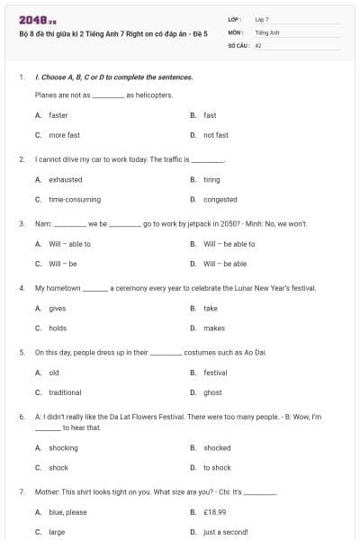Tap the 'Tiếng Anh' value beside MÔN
(267, 31)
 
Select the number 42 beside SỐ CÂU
(258, 44)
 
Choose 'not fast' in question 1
(216, 135)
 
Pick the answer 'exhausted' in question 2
(65, 179)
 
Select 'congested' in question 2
(220, 199)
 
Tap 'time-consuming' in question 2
(75, 199)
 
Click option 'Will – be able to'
(229, 243)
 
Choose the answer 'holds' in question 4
(58, 328)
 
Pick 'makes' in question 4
(214, 328)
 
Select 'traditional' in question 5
(65, 392)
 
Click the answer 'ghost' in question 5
(212, 392)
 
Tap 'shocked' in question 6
(217, 447)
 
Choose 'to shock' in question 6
(217, 467)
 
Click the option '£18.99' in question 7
(215, 512)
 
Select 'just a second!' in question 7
(225, 532)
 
